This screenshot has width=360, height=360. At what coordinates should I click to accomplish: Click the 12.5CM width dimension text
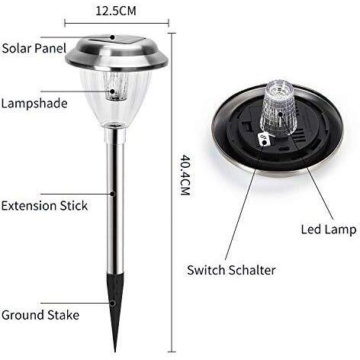point(116,11)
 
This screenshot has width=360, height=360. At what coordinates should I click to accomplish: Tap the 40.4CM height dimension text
point(185,175)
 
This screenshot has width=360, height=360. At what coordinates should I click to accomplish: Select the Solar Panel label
point(34,48)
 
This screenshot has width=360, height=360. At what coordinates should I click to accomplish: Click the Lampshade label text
point(34,104)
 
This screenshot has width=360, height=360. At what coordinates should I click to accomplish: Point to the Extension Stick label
point(44,205)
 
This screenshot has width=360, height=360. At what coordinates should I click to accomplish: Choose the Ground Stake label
point(40,315)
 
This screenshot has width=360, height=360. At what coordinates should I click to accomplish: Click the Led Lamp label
point(329,230)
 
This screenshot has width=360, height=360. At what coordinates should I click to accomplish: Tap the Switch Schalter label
point(231,270)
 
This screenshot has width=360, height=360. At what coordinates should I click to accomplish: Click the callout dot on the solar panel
point(112,37)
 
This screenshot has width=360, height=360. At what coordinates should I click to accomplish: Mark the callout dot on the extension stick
point(112,194)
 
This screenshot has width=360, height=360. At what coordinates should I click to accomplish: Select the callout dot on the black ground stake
point(112,303)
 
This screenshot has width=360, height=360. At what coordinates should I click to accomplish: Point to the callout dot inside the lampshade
point(112,92)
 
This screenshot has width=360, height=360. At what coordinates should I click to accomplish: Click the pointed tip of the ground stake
point(116,352)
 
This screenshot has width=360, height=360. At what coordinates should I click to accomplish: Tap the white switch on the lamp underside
point(264,140)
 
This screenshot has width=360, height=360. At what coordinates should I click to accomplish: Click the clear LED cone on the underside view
point(279,108)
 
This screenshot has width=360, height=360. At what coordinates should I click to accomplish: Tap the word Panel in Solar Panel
point(50,48)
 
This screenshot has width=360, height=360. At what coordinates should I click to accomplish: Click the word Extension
point(29,205)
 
